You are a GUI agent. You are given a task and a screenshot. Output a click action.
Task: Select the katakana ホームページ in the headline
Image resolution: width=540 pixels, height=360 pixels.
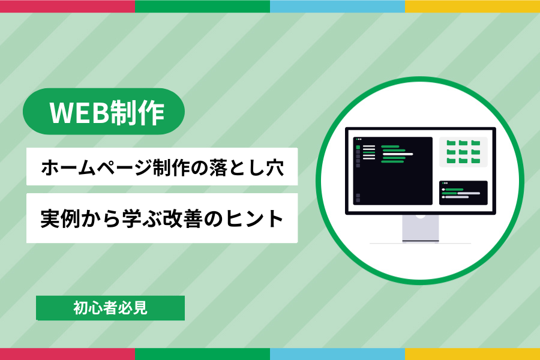(97, 167)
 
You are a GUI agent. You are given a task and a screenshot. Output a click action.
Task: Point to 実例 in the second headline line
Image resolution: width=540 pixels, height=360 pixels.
(60, 218)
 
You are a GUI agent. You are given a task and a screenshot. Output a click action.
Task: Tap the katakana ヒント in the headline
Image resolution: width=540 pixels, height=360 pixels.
(254, 218)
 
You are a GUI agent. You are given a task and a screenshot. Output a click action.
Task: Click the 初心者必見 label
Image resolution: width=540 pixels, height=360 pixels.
(110, 308)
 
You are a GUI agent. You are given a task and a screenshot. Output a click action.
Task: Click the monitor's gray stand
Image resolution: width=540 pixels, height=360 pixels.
(421, 228)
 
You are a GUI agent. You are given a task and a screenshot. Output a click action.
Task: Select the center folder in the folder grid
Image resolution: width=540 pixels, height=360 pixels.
(463, 152)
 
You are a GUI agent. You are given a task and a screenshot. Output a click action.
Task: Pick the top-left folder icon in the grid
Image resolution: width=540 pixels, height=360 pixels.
(451, 143)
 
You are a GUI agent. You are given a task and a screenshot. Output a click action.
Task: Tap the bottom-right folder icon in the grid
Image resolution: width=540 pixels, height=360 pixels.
(476, 161)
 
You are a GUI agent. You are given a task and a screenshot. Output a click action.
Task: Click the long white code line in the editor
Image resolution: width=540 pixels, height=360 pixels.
(398, 154)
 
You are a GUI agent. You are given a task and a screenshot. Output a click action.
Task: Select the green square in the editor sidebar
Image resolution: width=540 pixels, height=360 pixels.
(358, 148)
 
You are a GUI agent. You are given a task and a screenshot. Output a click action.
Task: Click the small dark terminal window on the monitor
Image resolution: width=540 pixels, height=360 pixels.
(463, 193)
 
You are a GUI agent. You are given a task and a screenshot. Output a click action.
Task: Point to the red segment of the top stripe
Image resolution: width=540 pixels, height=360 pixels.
(67, 6)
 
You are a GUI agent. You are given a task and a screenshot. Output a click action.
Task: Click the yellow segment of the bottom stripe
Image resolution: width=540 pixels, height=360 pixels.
(473, 354)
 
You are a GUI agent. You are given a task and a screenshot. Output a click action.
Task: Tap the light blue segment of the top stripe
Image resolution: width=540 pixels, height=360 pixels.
(337, 6)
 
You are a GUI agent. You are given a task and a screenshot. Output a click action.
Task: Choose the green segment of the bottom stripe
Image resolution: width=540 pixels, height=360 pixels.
(203, 354)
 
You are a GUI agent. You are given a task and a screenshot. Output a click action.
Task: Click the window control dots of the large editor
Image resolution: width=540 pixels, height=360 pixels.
(359, 139)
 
